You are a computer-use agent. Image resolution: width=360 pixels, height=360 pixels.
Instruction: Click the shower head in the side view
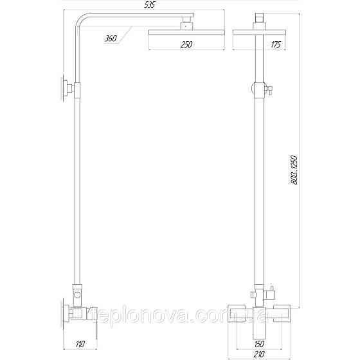point(186,31)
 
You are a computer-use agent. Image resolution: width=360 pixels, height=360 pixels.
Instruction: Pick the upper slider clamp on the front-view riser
point(260,90)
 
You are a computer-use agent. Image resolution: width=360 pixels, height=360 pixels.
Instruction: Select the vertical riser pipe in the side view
point(79,193)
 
